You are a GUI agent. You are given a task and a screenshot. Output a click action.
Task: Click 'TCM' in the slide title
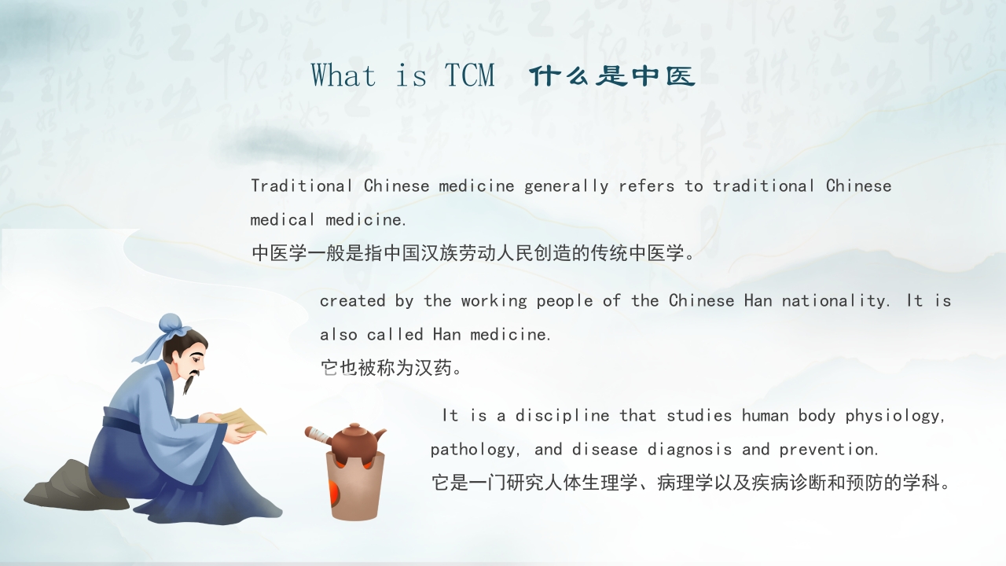pos(470,75)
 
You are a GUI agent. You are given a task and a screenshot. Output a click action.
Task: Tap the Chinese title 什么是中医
pos(612,76)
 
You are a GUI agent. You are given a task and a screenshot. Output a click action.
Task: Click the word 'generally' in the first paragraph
pos(567,186)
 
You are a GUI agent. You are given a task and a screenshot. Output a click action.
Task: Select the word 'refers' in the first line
pos(646,186)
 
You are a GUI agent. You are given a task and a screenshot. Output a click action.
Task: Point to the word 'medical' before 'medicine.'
pos(282,219)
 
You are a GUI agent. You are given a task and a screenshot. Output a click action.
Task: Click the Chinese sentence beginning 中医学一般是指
pos(473,253)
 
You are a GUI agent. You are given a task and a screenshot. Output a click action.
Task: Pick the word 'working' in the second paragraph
pos(494,301)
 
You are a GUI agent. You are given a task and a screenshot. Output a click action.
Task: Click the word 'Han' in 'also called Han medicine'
pos(447,334)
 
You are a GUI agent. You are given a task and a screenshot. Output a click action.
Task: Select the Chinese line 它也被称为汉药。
pos(391,368)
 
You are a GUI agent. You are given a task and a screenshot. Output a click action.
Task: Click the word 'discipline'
pos(562,416)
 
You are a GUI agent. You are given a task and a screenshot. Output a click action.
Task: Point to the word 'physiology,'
pos(895,416)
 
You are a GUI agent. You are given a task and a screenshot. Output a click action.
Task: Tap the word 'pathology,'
pos(475,450)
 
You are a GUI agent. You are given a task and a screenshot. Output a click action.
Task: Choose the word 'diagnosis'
pos(689,449)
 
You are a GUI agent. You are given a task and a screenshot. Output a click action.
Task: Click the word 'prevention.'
pos(828,449)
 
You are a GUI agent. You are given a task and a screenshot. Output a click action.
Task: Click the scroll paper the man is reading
pos(240,421)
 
